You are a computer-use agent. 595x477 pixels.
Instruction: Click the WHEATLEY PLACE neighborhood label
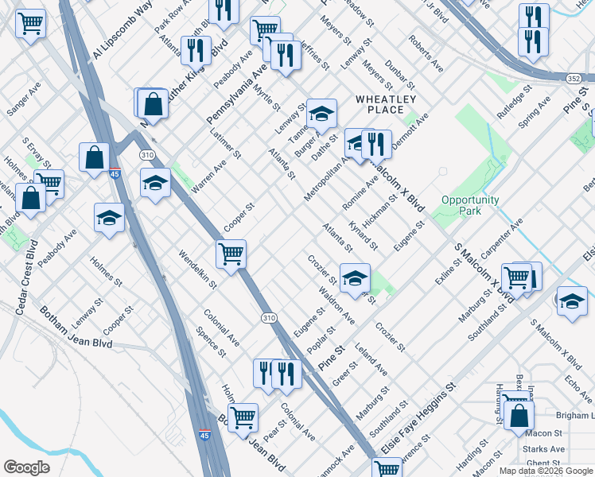pos(386,104)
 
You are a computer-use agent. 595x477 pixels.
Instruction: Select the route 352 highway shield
pos(574,79)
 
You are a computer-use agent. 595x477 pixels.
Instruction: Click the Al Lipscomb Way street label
pos(122,30)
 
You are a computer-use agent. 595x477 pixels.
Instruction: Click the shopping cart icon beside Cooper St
pos(231,254)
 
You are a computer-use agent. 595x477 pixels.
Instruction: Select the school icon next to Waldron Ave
pos(355,277)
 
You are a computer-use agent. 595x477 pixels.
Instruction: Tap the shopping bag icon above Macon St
pos(519,414)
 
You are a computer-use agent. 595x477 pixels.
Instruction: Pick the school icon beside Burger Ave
pos(321,114)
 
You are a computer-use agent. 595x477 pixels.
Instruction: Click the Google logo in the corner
pos(26,467)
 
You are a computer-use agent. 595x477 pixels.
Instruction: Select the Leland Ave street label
pos(371,359)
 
